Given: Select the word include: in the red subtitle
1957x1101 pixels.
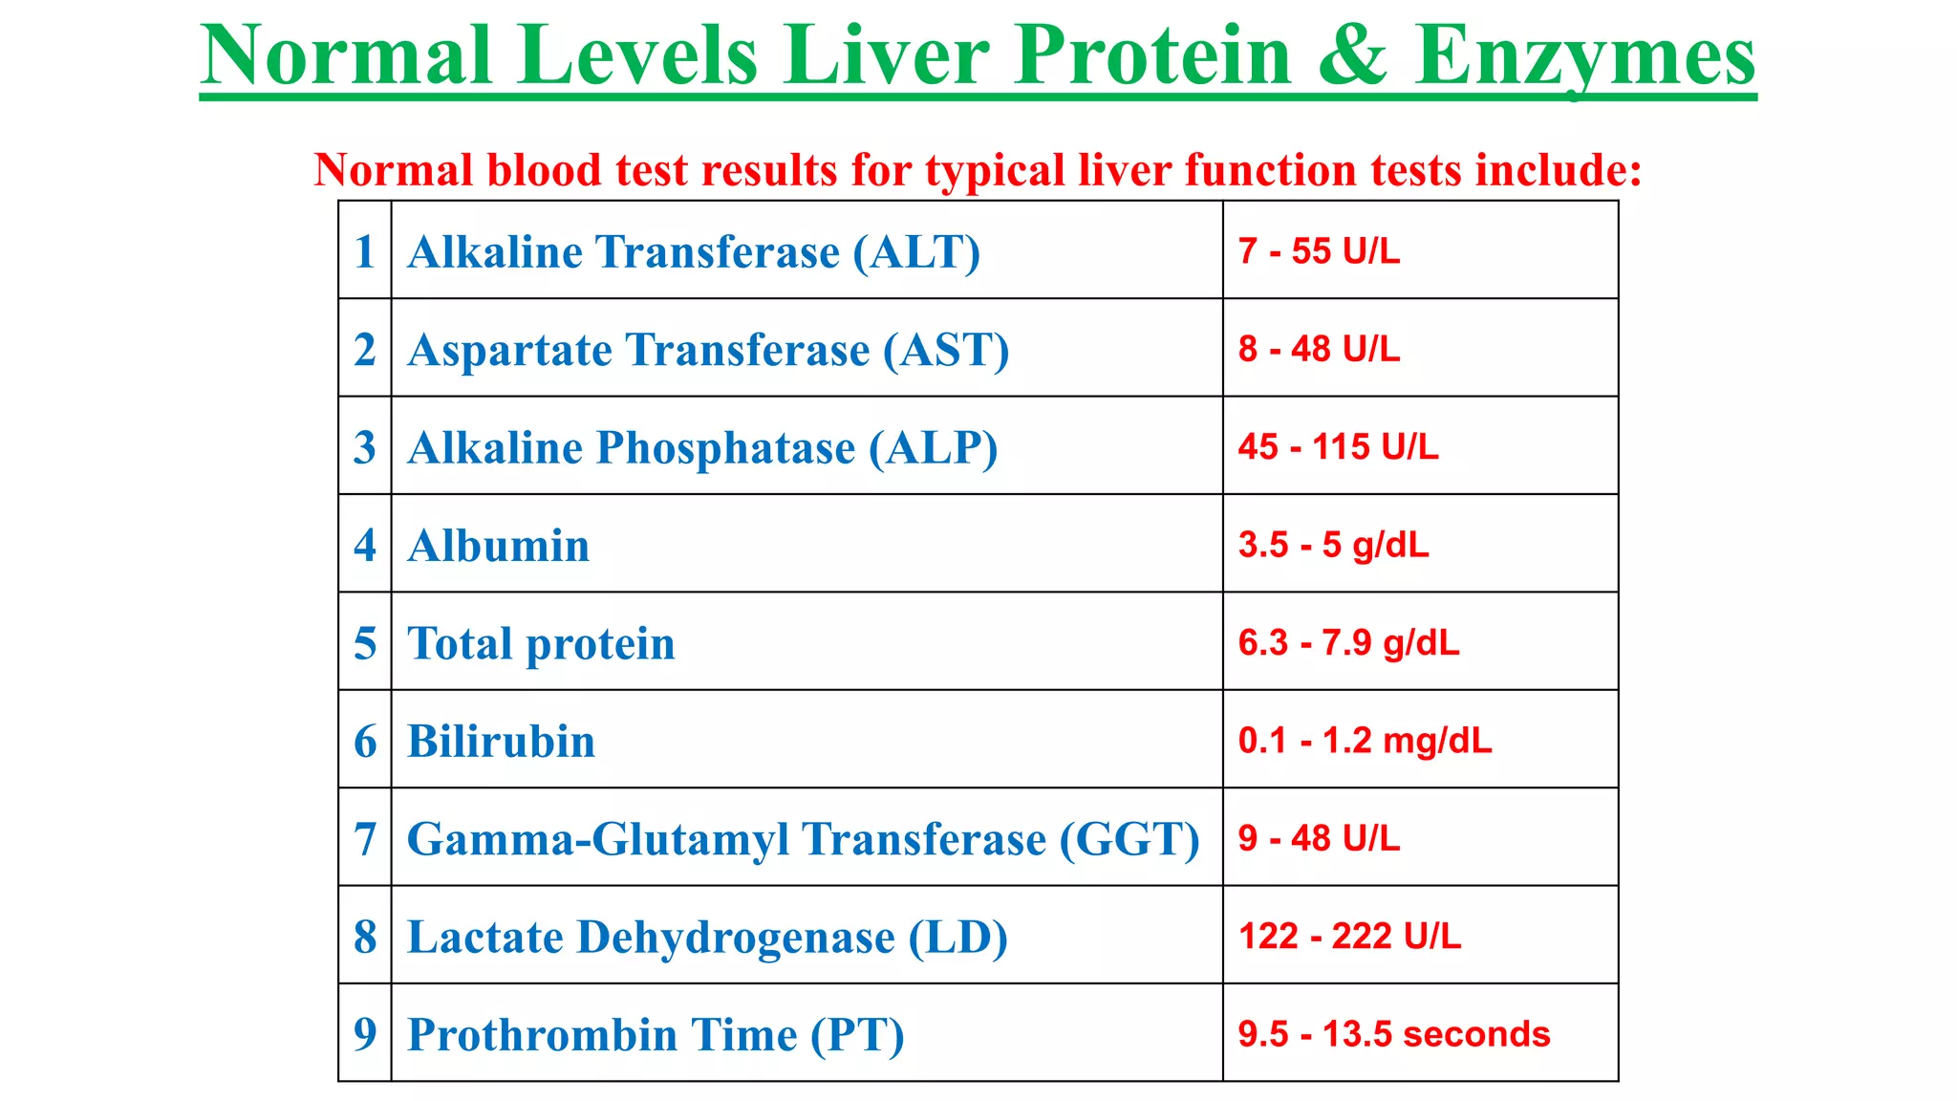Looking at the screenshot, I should [x=1559, y=170].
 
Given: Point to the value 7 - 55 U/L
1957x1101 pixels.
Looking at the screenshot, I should [x=1319, y=251].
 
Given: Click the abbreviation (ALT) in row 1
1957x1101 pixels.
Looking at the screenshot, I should [x=917, y=253].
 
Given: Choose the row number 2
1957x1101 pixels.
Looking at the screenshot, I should [x=365, y=350].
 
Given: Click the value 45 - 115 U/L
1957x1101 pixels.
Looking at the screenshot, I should [x=1338, y=447].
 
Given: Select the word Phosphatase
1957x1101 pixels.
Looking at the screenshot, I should [x=726, y=448].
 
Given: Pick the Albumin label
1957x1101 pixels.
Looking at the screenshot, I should [x=499, y=546].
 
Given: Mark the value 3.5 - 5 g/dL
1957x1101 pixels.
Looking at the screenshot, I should [x=1333, y=545].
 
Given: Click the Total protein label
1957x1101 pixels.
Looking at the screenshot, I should [x=541, y=643].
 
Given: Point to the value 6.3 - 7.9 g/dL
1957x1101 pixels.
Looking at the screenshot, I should [x=1348, y=643].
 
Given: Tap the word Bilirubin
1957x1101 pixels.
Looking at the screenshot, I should [x=501, y=742].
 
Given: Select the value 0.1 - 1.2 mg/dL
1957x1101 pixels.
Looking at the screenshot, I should [x=1365, y=741].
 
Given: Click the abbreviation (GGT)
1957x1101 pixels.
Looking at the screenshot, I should [x=1129, y=840].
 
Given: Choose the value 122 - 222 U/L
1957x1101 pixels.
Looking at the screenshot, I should [x=1349, y=937].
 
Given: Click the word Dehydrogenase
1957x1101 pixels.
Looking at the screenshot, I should [x=736, y=938].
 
